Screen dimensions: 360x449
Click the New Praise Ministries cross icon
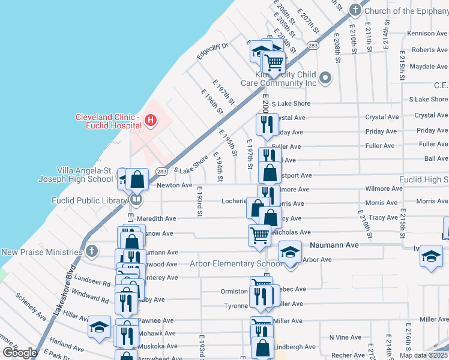point(91,251)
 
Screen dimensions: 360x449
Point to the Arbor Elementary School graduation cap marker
point(290,251)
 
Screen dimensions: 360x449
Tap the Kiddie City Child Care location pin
point(325,77)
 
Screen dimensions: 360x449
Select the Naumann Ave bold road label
point(334,245)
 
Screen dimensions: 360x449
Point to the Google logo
point(20,352)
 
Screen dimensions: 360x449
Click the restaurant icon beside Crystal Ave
point(265,125)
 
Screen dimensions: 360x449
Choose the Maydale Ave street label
point(429,67)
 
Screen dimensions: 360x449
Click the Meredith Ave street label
point(155,219)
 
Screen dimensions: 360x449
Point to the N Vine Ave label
point(345,337)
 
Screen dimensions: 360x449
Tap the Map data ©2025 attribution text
point(423,355)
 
